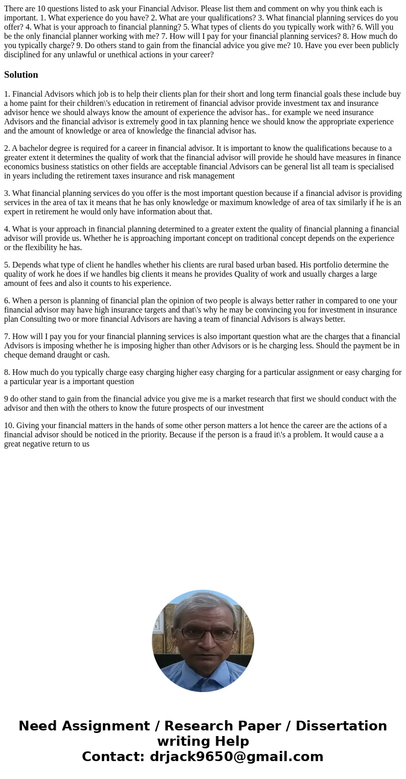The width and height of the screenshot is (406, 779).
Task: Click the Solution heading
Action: [21, 75]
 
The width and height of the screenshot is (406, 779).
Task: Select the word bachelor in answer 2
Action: [35, 148]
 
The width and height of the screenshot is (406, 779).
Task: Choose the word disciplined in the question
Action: [24, 54]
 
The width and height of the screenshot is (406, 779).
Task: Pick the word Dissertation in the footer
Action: [341, 726]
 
